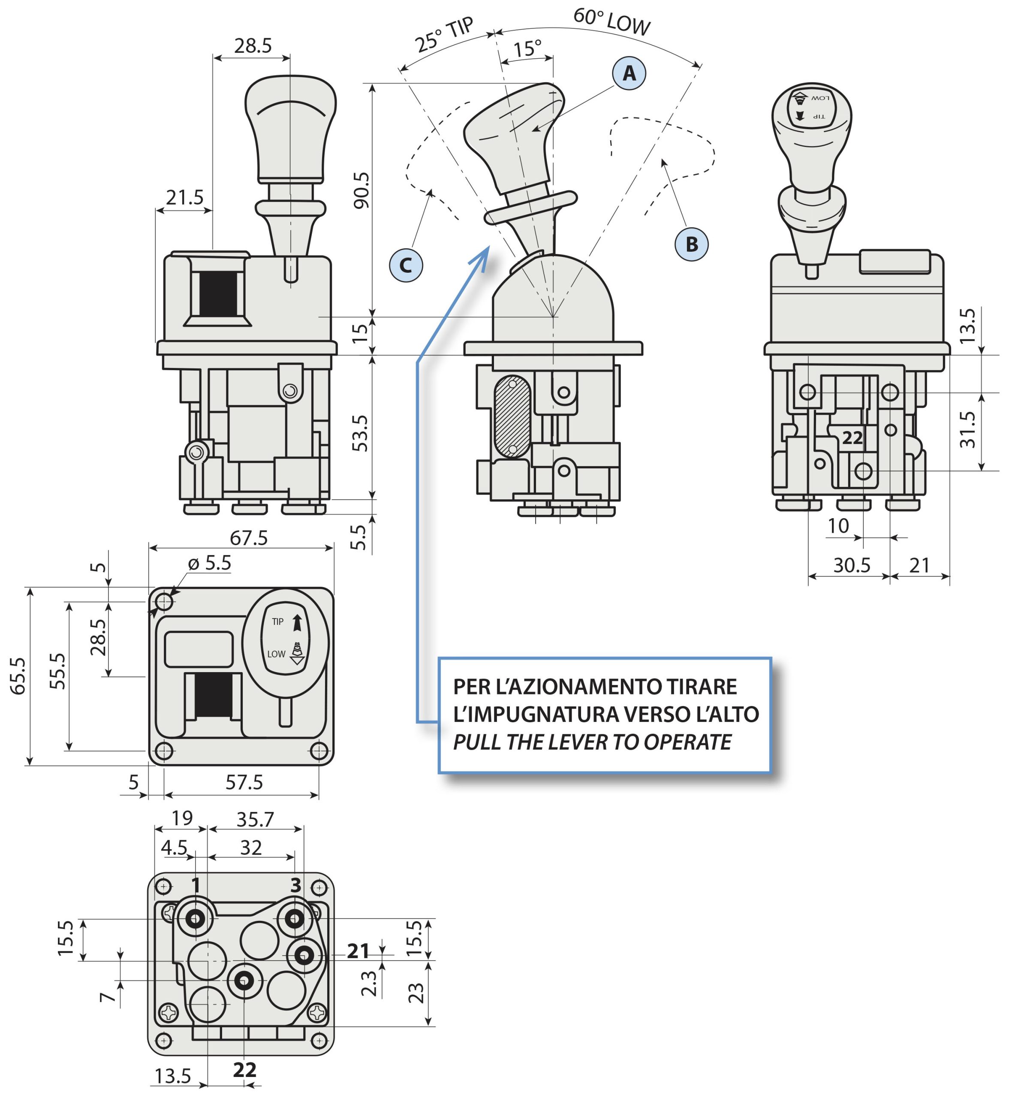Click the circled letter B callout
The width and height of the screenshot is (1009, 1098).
tap(691, 244)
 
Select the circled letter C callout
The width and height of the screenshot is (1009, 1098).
tap(406, 265)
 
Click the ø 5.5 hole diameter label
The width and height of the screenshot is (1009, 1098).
tap(210, 563)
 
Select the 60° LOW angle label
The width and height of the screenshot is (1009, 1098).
tap(611, 22)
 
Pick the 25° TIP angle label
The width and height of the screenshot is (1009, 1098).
tap(443, 35)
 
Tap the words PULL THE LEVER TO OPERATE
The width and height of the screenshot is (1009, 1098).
tap(592, 742)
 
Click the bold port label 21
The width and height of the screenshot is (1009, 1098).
tap(358, 952)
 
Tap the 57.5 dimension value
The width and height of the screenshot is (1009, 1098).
tap(244, 782)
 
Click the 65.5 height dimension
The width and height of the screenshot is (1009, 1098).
tap(18, 676)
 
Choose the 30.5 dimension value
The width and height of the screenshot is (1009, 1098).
tap(852, 566)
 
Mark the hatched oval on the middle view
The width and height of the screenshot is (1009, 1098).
tap(512, 416)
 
